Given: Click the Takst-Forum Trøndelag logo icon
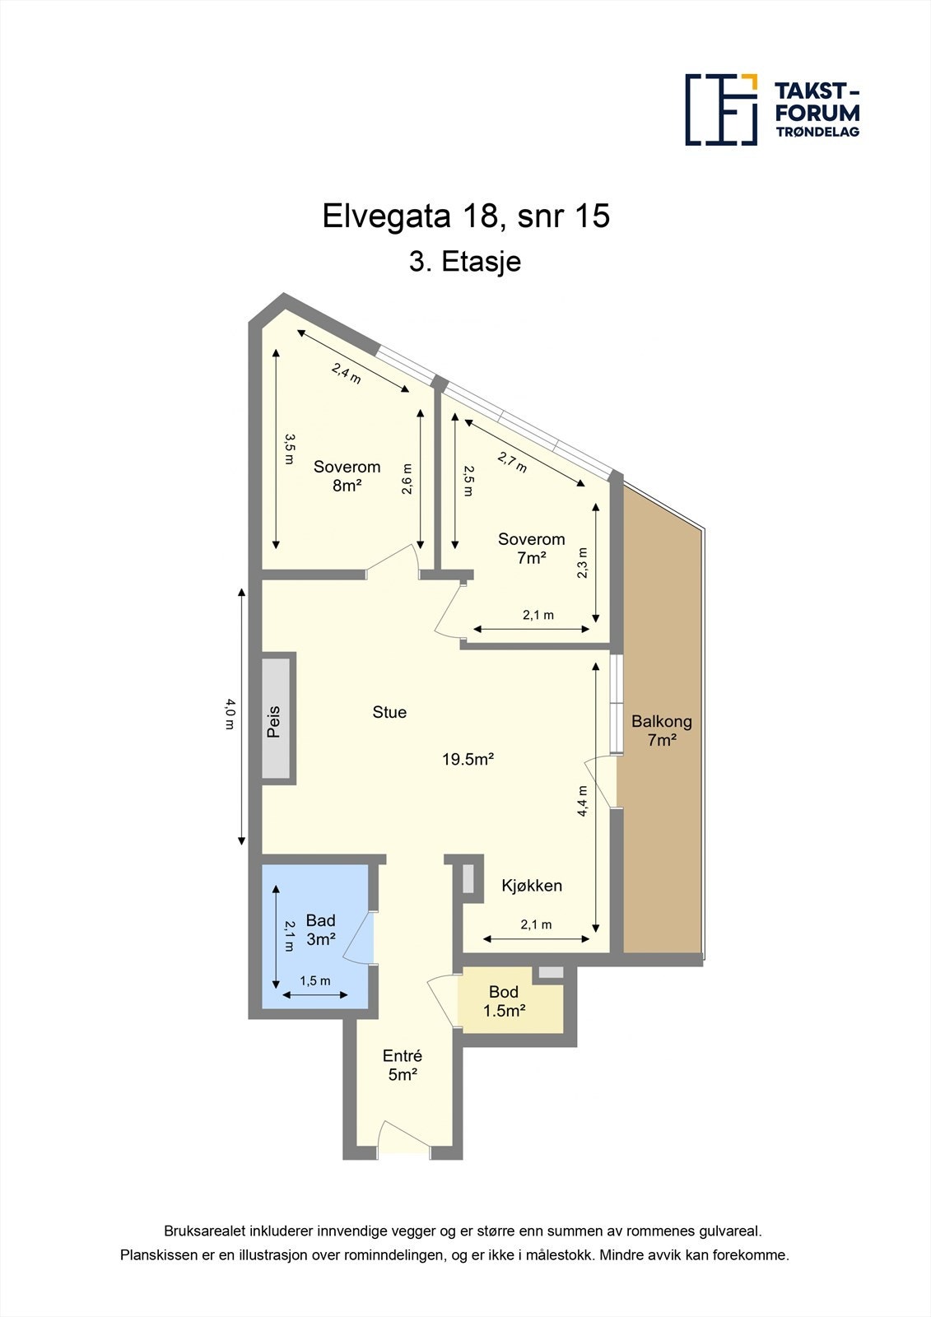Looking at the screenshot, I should tap(721, 109).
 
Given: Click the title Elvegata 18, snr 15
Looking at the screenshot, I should tap(466, 216).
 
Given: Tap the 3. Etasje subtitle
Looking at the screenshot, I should tap(465, 263).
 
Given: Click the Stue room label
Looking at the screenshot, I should tap(389, 712).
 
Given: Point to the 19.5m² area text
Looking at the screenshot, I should tap(468, 759).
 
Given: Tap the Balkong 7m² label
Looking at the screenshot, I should tap(661, 730).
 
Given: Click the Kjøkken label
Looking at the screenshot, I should tap(532, 886).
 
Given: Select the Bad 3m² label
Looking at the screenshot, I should tap(320, 929).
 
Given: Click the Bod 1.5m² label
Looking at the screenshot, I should tap(504, 1001).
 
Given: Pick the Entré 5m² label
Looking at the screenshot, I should tap(403, 1065).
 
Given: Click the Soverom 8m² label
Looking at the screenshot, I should tap(347, 476).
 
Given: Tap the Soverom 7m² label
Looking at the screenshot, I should tap(531, 548).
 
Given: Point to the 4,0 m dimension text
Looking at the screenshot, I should tap(230, 714).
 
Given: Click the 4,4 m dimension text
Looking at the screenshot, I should tap(583, 801).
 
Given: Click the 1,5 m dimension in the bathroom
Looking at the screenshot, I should tap(314, 980).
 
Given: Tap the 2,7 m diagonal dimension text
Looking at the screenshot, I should tap(512, 462).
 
